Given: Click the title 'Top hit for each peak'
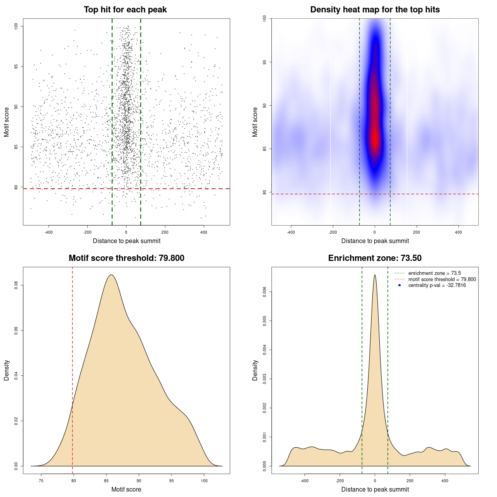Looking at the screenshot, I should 125,10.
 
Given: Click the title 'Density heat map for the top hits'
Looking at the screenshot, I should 375,10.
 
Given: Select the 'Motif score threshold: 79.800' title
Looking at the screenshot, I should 126,258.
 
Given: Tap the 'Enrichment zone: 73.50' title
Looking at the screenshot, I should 375,258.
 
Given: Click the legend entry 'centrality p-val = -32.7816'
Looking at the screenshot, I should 437,285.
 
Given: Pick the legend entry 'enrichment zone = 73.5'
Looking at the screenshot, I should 434,273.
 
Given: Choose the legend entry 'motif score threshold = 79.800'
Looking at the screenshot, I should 442,280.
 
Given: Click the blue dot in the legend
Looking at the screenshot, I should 400,285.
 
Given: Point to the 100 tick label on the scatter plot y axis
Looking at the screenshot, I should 16,26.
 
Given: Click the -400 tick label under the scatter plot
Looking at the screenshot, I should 49,233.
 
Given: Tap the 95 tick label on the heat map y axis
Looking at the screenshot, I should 264,62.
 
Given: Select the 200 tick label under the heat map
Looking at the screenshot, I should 417,233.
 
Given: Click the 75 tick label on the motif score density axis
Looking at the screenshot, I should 41,481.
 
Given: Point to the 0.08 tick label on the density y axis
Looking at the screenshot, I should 16,285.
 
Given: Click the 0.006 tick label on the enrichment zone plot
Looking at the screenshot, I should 264,292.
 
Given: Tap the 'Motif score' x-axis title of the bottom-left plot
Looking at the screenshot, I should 126,490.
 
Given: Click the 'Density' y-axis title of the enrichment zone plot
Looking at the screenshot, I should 255,370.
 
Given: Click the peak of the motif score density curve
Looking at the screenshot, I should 111,275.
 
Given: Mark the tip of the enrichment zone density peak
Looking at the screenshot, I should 375,275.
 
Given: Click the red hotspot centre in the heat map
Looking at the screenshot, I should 375,138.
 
